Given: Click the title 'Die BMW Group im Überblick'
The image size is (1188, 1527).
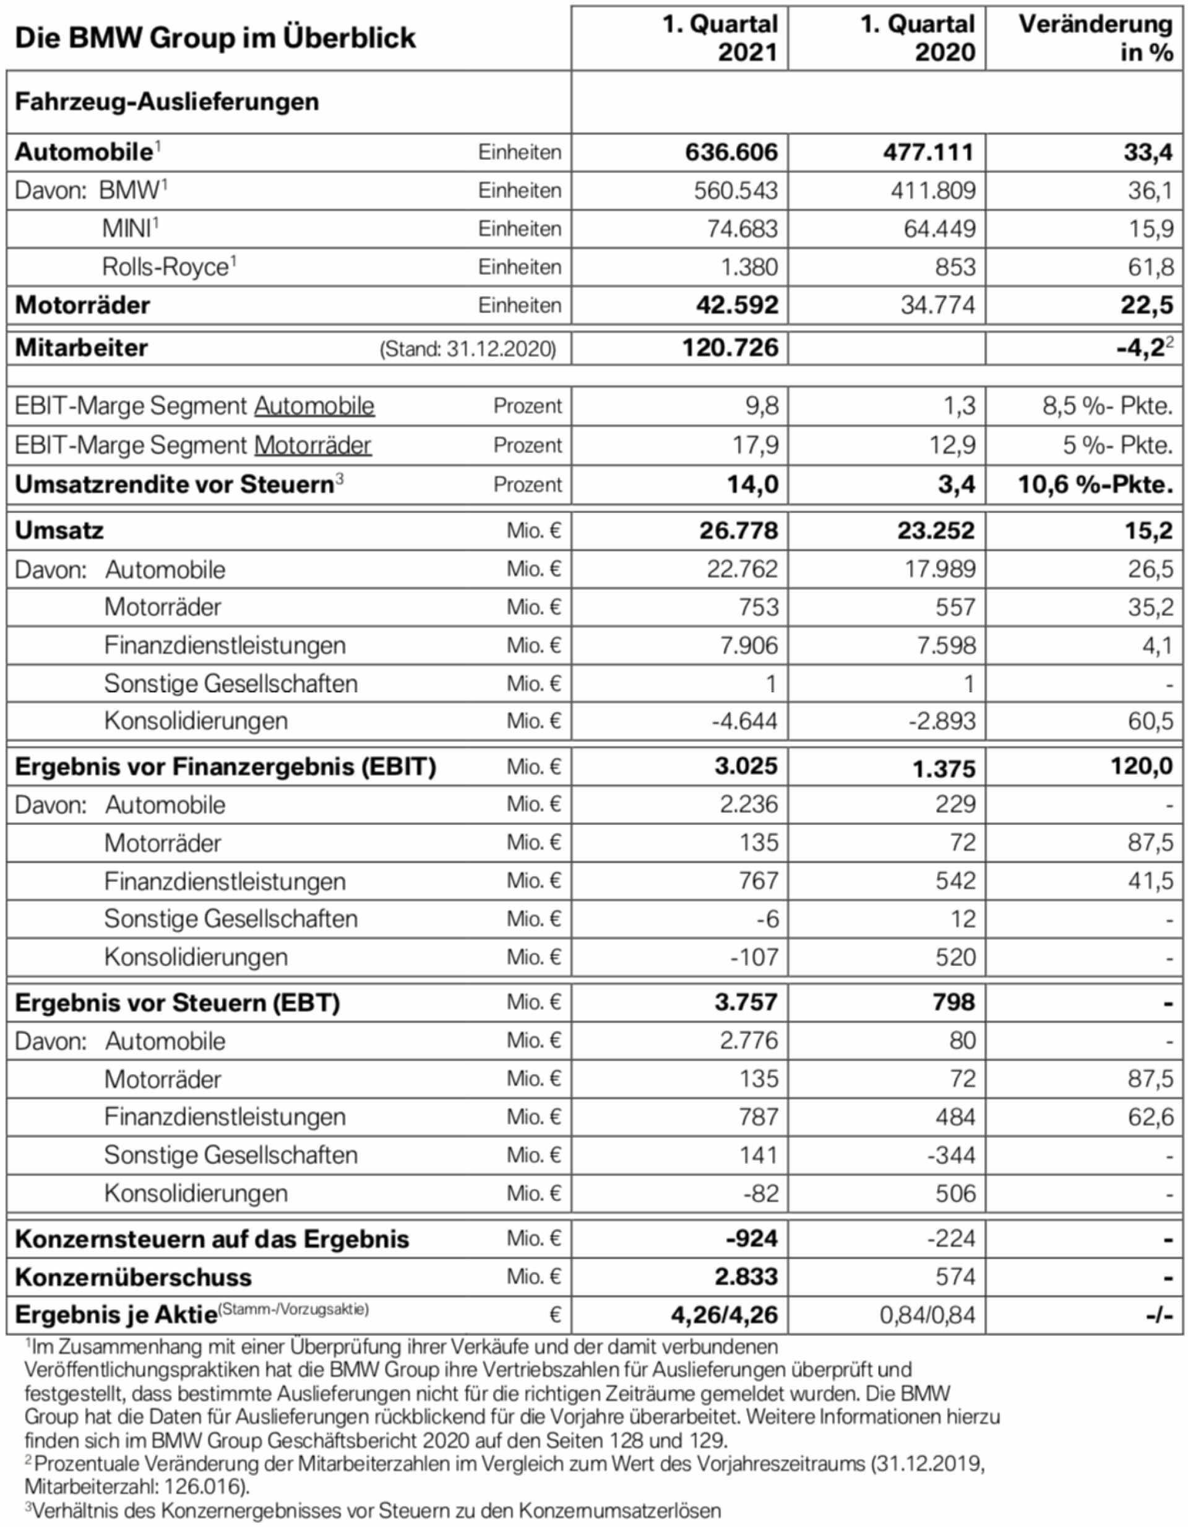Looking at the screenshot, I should coord(215,38).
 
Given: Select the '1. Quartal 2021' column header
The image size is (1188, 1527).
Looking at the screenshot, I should coord(720,38).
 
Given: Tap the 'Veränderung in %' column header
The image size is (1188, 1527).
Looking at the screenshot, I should coord(1095,38).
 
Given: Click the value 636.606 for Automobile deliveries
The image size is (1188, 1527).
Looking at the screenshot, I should coord(731,152).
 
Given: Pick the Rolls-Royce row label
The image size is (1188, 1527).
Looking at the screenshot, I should coord(165,267).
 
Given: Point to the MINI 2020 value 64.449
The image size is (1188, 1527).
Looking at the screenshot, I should coord(939,229).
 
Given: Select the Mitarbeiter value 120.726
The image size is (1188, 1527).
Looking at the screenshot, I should coord(730,348).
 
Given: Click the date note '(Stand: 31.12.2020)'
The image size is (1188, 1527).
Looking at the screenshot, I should coord(467,349).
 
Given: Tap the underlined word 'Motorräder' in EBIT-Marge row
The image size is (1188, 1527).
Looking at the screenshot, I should coord(312,445).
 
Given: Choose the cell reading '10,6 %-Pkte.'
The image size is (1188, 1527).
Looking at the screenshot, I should coord(1095,484).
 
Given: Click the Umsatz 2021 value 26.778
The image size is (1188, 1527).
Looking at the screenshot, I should coord(738,531).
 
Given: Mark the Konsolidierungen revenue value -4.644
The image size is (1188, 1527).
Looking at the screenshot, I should coord(744,721).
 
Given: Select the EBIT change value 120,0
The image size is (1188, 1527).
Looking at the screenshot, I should coord(1141,767).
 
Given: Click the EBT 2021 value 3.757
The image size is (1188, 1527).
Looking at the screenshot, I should coord(746,1002).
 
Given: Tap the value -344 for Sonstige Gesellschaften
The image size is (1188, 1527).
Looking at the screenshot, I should coord(951,1155).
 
